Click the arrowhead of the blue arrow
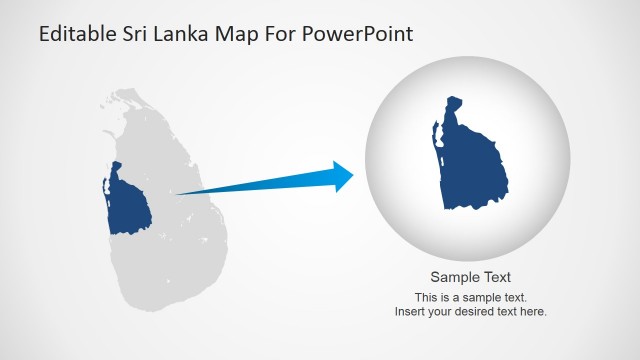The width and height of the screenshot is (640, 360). (343, 176)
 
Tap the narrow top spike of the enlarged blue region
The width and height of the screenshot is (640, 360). (452, 104)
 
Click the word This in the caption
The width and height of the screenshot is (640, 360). (425, 298)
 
